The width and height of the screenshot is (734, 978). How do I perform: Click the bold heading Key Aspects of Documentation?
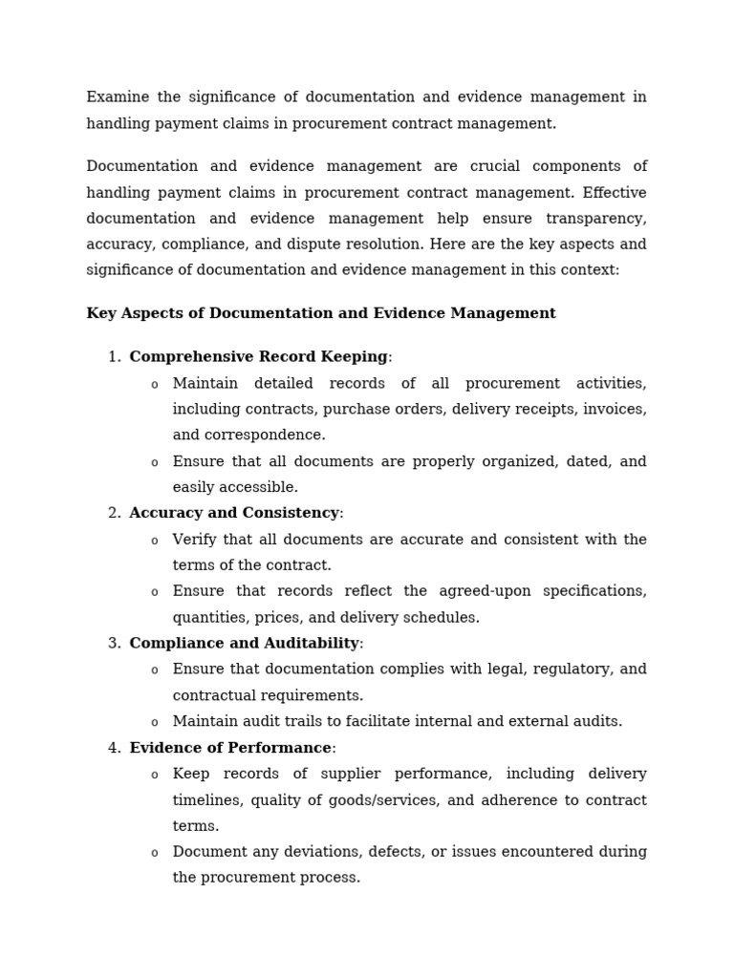coord(320,313)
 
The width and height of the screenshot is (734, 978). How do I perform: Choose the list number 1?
coord(113,357)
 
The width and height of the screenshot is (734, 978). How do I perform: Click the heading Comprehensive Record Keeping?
coord(258,357)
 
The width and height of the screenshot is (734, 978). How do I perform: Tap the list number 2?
coord(113,514)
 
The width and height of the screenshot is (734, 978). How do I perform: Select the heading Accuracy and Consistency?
coord(234,514)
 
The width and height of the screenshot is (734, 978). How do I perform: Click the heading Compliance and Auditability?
coord(244,644)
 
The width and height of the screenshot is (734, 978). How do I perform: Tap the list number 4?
coord(113,748)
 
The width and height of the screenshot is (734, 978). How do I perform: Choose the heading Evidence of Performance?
coord(230,748)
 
